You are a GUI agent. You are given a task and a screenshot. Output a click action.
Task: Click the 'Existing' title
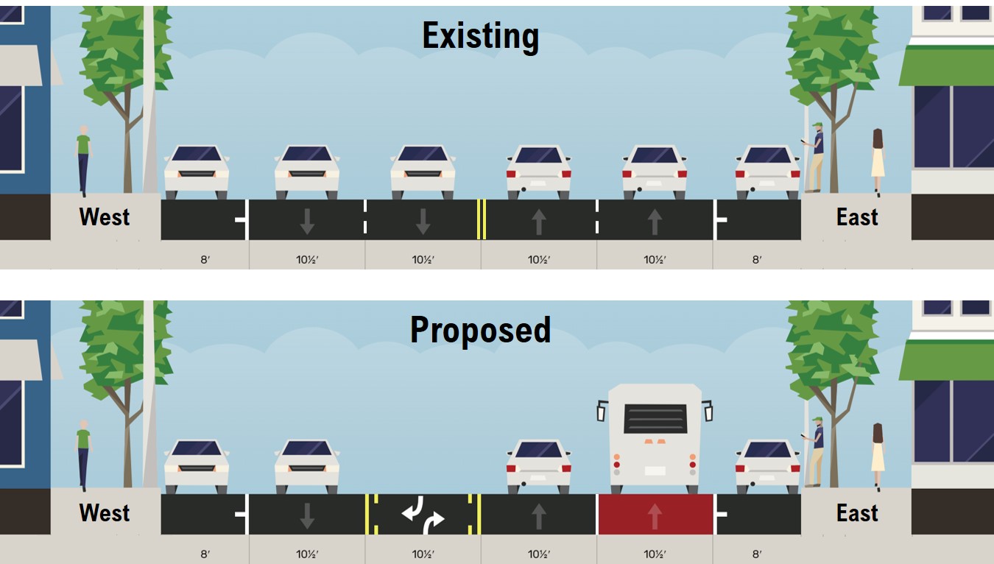tap(480, 36)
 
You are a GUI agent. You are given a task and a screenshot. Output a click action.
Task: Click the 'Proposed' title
tap(480, 330)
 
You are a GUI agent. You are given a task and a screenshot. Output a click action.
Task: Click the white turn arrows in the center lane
tap(423, 514)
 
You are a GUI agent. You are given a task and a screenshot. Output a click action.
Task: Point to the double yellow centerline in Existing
tap(481, 219)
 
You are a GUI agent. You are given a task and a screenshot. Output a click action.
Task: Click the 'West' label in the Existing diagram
tap(105, 217)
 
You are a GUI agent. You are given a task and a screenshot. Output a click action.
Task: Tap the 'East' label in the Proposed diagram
tap(857, 512)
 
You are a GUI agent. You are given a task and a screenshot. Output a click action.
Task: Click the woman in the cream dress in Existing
tap(878, 162)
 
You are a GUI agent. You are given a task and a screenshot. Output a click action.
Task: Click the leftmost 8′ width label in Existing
tap(205, 259)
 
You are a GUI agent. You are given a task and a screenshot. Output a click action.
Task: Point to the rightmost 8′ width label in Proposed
tap(757, 554)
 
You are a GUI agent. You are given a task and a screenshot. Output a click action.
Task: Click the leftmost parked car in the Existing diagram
tap(197, 172)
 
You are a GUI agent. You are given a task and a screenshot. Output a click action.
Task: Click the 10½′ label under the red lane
tap(655, 554)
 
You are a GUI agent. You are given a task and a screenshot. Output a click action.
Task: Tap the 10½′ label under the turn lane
tap(423, 554)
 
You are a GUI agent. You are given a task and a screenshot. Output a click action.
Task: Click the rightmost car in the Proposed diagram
tap(767, 467)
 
